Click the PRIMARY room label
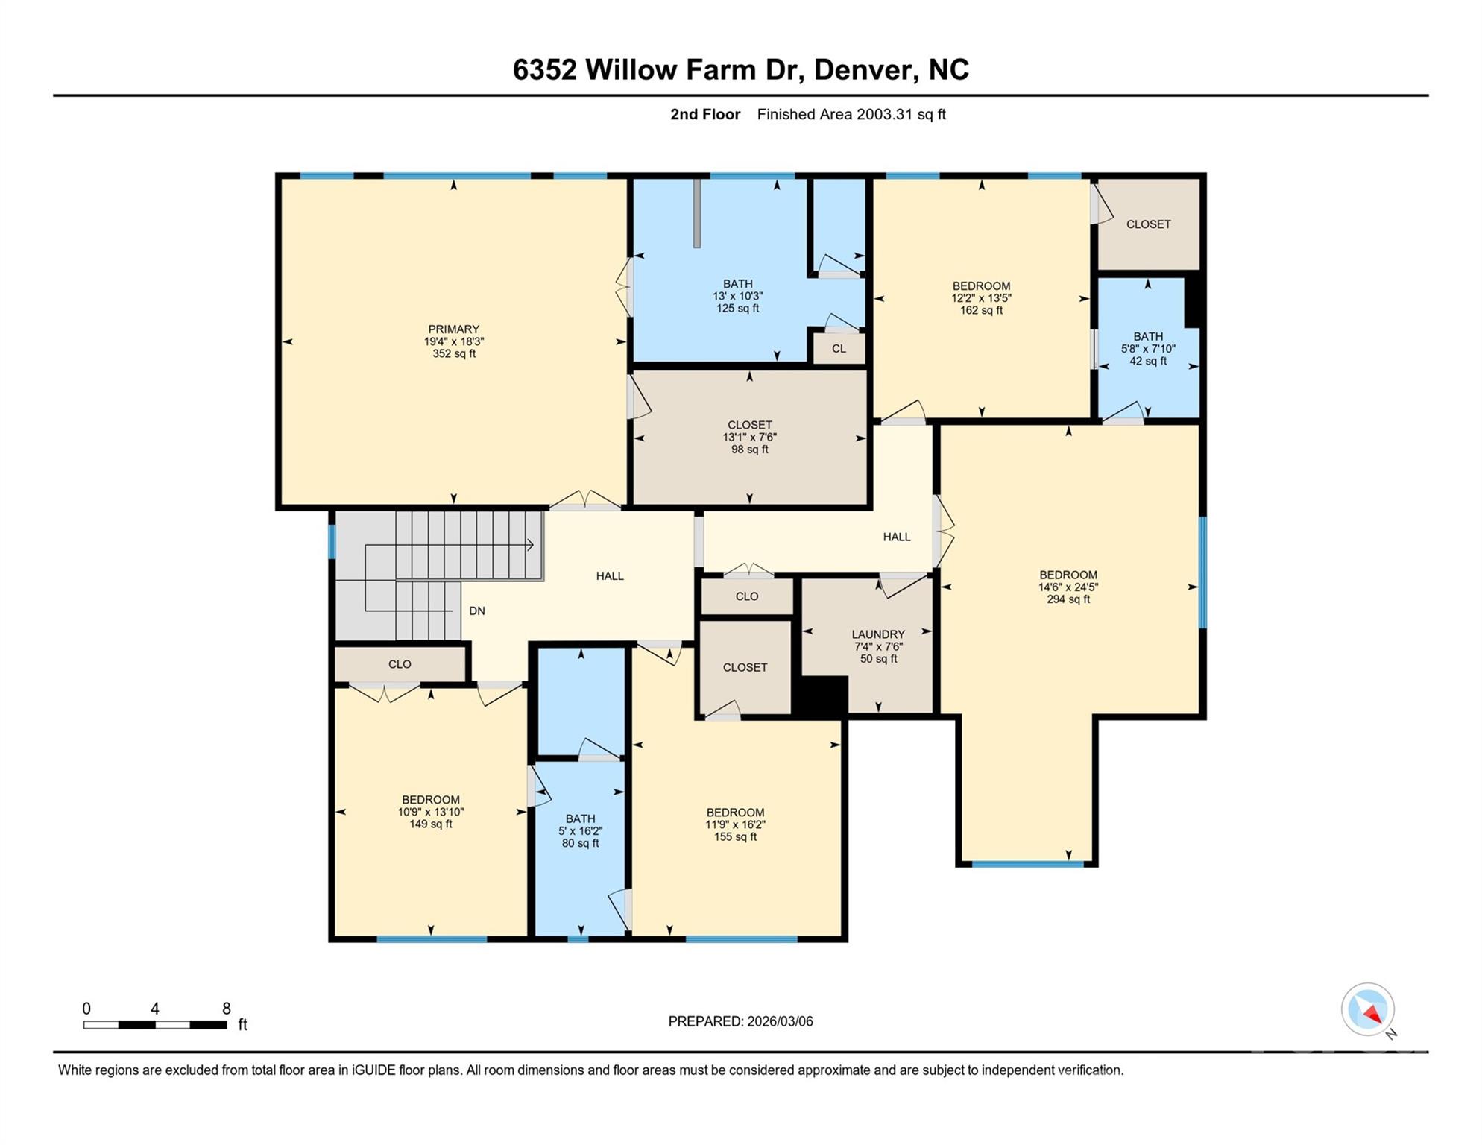(453, 329)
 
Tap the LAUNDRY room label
(878, 634)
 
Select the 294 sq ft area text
(1068, 599)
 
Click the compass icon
(1367, 1009)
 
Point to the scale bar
(155, 1025)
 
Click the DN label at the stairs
(477, 611)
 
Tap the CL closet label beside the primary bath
(839, 348)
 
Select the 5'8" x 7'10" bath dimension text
(1148, 349)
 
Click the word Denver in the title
(864, 69)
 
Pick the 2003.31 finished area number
(885, 114)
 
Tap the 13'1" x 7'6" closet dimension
(749, 438)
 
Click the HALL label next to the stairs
(609, 575)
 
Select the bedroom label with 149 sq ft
(431, 800)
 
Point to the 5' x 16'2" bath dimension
(580, 831)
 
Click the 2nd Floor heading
(704, 114)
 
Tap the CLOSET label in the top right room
(1148, 224)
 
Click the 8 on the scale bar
(227, 1009)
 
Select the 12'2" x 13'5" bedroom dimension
(981, 298)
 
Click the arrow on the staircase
(530, 545)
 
